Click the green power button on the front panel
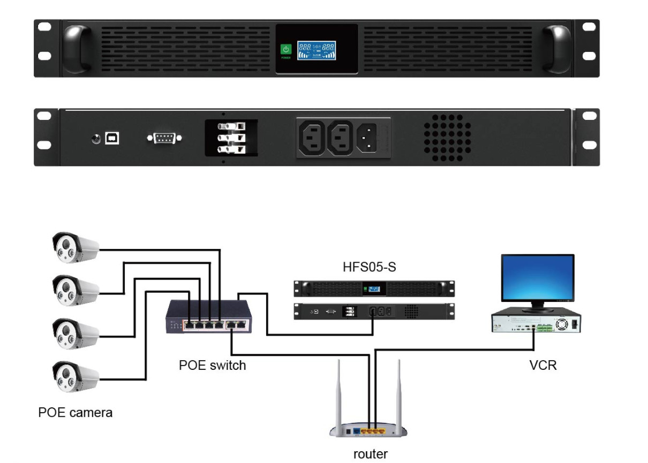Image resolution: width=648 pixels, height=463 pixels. (286, 50)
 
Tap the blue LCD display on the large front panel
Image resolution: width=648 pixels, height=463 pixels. (317, 50)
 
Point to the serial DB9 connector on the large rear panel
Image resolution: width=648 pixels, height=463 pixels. (164, 139)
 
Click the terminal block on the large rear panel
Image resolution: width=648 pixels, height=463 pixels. (231, 138)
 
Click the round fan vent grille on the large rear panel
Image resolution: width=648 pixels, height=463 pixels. (448, 138)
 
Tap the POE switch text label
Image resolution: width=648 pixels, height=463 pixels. (212, 366)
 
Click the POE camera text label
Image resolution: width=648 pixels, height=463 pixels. (76, 413)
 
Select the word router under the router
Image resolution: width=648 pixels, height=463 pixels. (370, 454)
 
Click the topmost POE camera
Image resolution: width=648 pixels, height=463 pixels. (75, 247)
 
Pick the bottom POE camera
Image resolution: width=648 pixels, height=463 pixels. (75, 377)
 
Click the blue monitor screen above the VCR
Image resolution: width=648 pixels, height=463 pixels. (538, 278)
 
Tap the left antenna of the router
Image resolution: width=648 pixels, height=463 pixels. (338, 393)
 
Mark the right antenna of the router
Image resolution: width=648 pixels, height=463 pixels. (398, 393)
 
